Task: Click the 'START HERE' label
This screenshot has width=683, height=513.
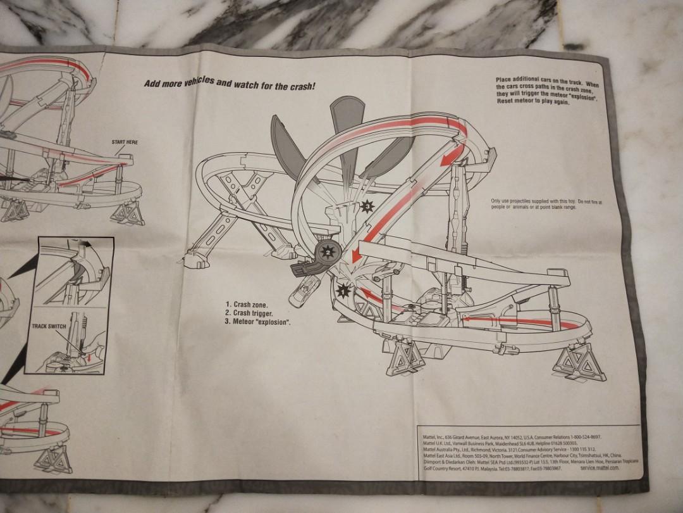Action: [x=125, y=142]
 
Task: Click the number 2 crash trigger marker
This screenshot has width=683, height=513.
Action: [x=328, y=251]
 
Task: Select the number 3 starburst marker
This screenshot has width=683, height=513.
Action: [x=366, y=205]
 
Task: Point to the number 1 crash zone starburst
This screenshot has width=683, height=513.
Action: [x=343, y=292]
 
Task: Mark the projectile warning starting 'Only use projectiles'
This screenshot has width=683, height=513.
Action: [x=546, y=205]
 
